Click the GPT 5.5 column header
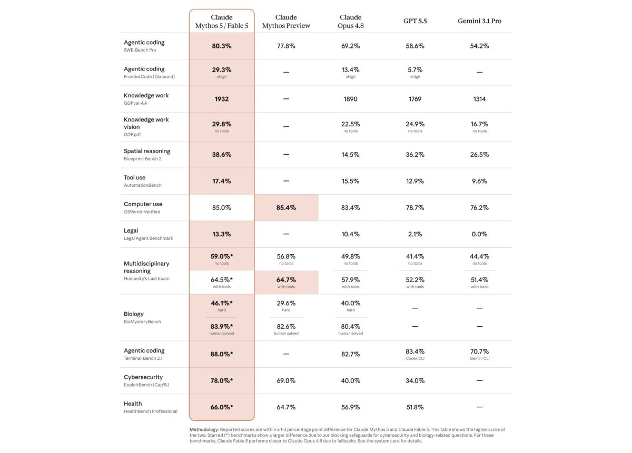pos(415,21)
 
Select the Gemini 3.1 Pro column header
pos(479,21)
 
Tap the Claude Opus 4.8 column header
pos(350,22)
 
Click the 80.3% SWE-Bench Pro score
pos(222,46)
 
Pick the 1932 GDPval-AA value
pos(222,99)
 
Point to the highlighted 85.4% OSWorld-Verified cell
pos(286,208)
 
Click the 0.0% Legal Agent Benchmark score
pos(479,234)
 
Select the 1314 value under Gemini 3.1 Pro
pos(479,99)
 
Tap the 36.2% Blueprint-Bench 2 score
pos(415,155)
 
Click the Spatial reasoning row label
pos(147,151)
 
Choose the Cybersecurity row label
pos(143,377)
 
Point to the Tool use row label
pos(135,178)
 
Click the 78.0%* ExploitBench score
pos(222,380)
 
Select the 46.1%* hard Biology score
pos(222,304)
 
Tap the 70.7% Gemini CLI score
pos(479,351)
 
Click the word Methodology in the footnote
pos(204,430)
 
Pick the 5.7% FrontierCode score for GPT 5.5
pos(415,69)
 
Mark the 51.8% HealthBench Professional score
pos(415,407)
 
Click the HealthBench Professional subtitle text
pos(151,411)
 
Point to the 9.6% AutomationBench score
pos(479,182)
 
